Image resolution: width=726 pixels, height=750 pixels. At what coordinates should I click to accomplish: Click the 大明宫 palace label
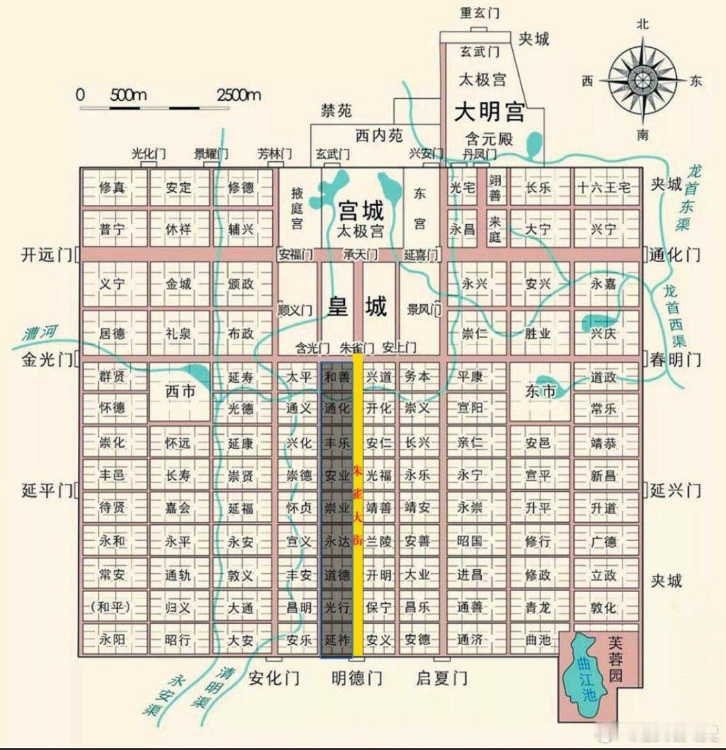[489, 112]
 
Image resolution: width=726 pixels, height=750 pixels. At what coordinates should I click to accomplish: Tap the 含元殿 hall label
[489, 140]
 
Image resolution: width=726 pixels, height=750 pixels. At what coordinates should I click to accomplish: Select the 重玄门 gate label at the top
[479, 13]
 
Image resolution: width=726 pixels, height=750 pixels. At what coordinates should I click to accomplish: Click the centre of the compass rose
[643, 79]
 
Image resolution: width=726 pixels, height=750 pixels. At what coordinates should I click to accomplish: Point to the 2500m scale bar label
[238, 94]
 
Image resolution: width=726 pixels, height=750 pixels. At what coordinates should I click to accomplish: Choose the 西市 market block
[179, 390]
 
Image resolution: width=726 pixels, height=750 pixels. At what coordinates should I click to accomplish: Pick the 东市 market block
[540, 390]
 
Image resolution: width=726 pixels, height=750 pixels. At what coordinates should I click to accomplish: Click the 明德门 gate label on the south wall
[357, 678]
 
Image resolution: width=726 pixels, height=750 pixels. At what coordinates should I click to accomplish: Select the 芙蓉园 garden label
[616, 660]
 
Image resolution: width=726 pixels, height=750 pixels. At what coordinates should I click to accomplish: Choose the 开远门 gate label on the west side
[46, 255]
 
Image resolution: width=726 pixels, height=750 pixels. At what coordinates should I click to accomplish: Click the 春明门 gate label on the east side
[675, 360]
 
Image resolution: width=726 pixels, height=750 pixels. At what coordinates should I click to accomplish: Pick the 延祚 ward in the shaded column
[337, 640]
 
